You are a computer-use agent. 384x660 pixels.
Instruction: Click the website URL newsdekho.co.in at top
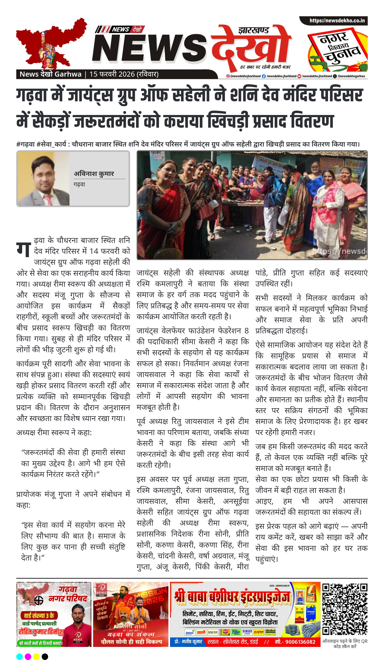point(337,20)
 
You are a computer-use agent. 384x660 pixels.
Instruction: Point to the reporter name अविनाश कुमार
point(94,174)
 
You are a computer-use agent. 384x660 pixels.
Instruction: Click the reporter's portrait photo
point(43,179)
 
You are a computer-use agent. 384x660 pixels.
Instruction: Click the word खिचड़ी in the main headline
point(228,121)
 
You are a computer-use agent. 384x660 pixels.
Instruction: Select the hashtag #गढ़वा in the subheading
point(25,144)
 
